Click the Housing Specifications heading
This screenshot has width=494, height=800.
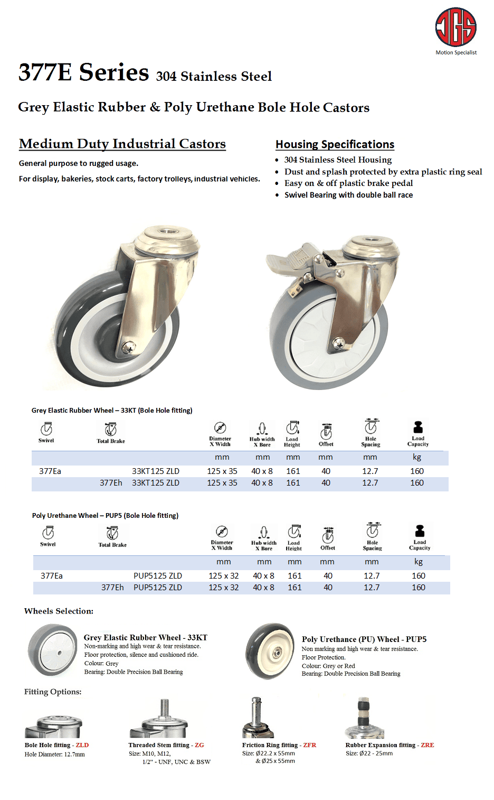pos(335,144)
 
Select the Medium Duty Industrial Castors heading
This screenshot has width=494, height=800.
pos(122,144)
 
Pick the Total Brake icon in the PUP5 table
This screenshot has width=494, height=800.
pos(112,533)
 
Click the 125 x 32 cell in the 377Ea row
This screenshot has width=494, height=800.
pos(224,575)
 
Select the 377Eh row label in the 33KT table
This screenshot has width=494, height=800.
pos(111,483)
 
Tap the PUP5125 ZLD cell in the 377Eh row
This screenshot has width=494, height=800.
pos(158,588)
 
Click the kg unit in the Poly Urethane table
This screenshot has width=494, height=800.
pos(419,562)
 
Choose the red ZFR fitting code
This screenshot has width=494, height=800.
pos(310,745)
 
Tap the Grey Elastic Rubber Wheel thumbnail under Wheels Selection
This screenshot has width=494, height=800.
pos(53,650)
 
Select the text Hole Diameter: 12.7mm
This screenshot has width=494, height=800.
pos(55,755)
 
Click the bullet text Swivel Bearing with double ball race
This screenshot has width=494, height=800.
pos(348,195)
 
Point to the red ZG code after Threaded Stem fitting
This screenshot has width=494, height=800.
pos(199,745)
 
